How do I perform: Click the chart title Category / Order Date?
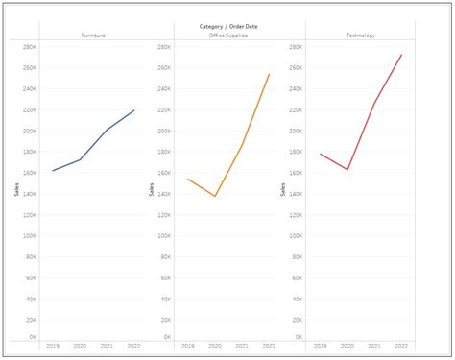click(x=227, y=26)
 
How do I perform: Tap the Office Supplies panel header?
click(x=227, y=36)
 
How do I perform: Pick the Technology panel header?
click(x=360, y=36)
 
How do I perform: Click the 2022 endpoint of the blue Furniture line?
click(x=134, y=109)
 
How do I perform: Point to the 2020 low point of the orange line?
click(x=214, y=196)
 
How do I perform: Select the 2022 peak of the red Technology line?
click(x=401, y=55)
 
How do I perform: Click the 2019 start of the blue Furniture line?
click(x=53, y=171)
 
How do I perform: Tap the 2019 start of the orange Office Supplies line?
click(x=187, y=179)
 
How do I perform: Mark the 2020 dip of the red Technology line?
click(x=347, y=170)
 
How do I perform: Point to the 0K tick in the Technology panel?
click(x=299, y=338)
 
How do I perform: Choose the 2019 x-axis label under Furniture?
click(x=53, y=345)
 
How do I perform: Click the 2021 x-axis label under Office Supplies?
click(x=241, y=345)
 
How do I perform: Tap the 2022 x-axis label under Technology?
click(x=401, y=345)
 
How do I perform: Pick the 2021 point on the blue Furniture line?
click(x=108, y=130)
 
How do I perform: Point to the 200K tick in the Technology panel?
click(x=297, y=131)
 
